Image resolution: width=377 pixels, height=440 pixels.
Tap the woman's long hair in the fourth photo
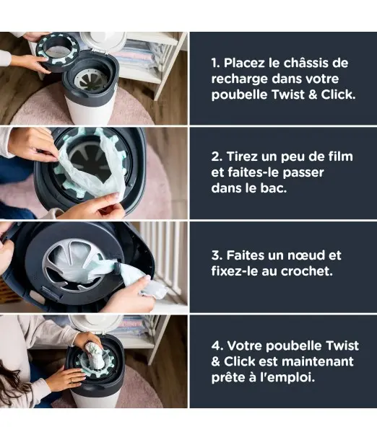[x=18, y=382]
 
